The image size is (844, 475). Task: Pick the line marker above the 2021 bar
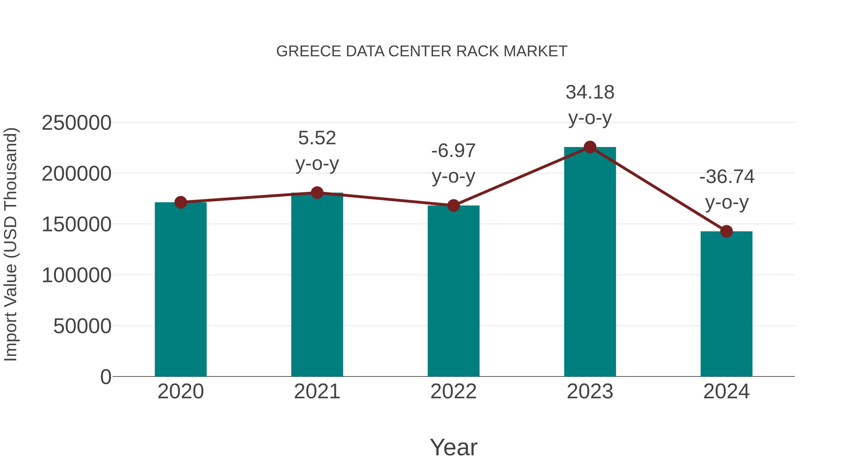tap(317, 193)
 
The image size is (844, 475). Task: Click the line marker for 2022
tap(453, 205)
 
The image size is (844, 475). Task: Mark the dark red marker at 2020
tap(181, 202)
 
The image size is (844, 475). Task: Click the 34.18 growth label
tap(590, 92)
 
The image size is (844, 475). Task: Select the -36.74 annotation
tap(727, 177)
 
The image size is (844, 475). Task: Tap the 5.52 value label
tap(317, 138)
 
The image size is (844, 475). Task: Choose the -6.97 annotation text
tap(453, 151)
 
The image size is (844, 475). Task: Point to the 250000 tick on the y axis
tap(76, 123)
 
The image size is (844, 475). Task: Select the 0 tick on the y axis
tap(105, 377)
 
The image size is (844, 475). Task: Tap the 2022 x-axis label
tap(453, 392)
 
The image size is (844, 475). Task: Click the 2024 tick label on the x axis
tap(726, 392)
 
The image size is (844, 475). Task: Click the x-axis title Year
tap(453, 448)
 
